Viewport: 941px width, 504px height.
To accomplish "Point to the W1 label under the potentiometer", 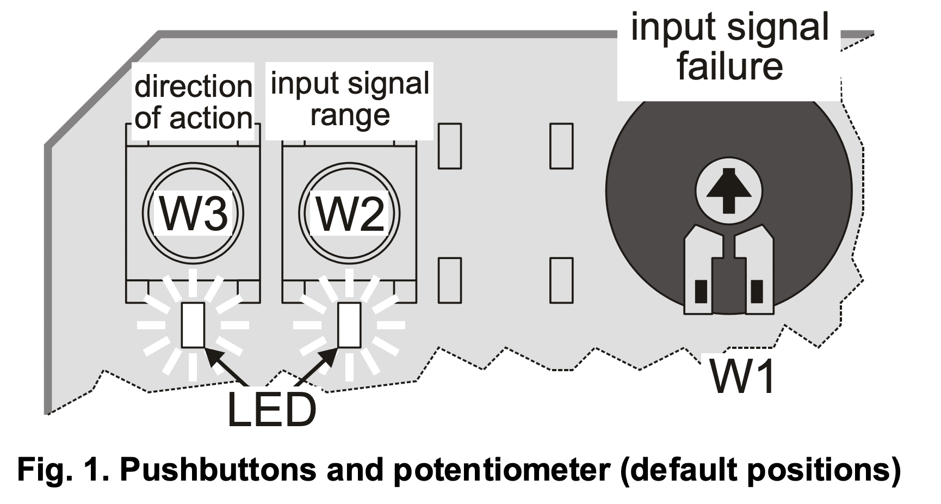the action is click(x=742, y=376).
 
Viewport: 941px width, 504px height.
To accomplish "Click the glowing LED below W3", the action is click(x=193, y=325).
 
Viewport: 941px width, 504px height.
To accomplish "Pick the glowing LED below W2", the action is click(x=349, y=325).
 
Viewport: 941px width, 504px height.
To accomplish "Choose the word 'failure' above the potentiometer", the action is click(x=729, y=66).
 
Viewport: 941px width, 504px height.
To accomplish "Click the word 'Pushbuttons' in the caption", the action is click(x=217, y=469).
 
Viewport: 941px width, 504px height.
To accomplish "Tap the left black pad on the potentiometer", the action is click(x=702, y=291).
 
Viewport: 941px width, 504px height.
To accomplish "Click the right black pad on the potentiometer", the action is click(x=757, y=291).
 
